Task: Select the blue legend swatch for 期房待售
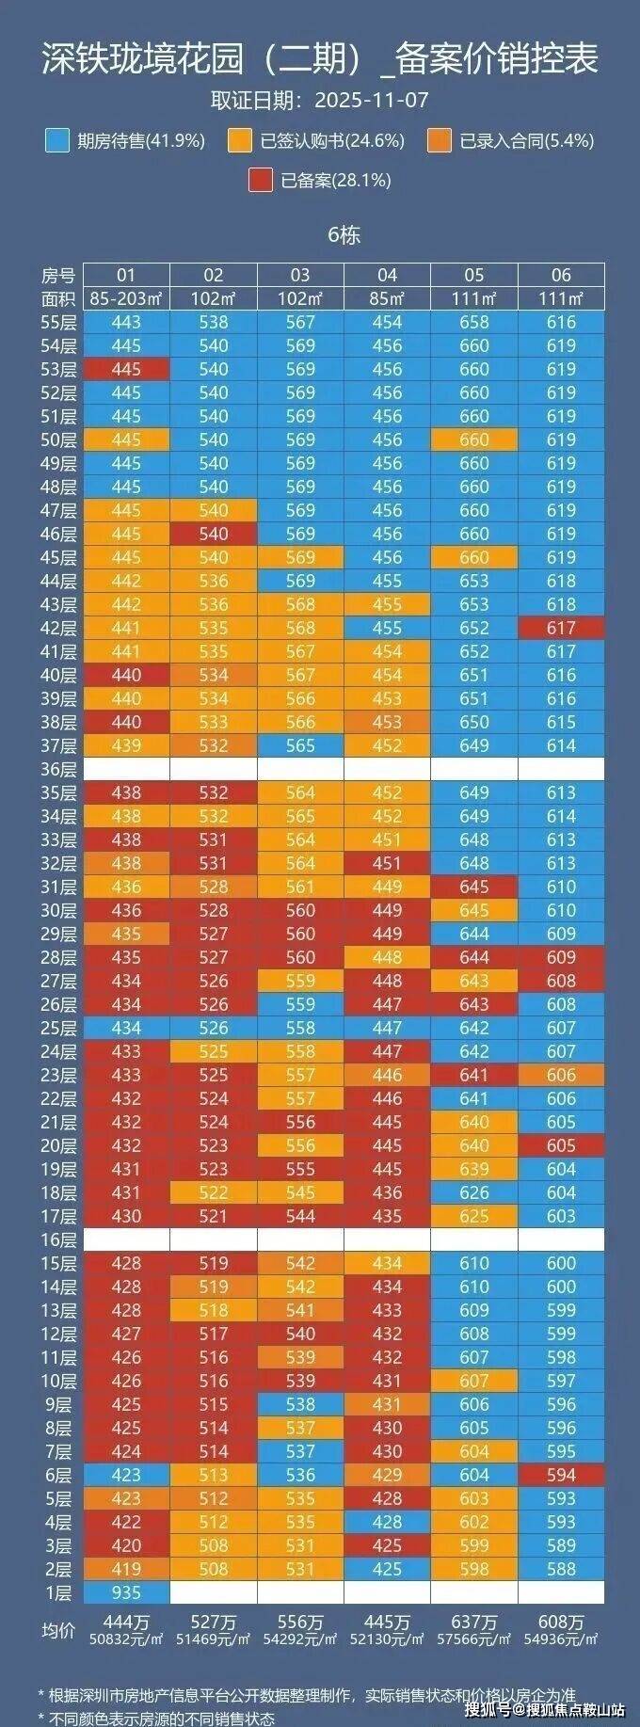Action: click(56, 141)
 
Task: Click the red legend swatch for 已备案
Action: click(261, 180)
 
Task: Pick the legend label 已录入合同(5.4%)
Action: click(527, 141)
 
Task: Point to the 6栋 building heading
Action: click(344, 234)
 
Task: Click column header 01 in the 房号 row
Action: click(126, 275)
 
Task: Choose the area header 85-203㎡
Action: click(126, 298)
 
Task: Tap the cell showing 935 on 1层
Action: click(126, 1592)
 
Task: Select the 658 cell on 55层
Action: click(474, 322)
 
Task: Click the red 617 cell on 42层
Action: click(561, 628)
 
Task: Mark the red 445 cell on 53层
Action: click(126, 369)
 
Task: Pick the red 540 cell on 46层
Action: click(214, 534)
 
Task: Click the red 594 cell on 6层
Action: click(561, 1475)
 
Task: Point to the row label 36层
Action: click(58, 769)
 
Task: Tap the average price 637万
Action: click(474, 1622)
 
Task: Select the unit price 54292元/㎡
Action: click(300, 1639)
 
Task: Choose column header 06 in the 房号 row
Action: click(561, 275)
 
